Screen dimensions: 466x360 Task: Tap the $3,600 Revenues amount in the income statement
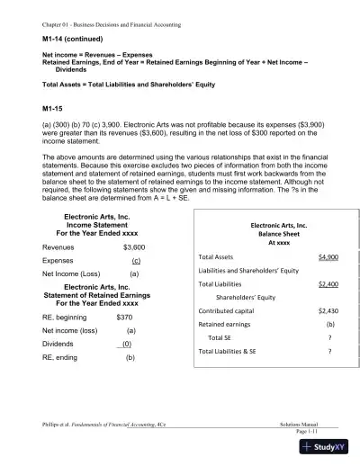pyautogui.click(x=133, y=246)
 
